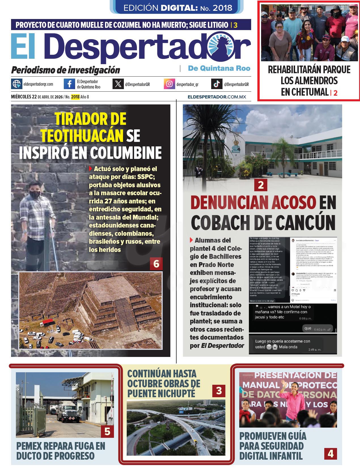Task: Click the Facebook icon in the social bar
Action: (x=69, y=84)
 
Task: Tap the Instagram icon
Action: (x=169, y=84)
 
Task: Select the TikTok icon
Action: (x=217, y=84)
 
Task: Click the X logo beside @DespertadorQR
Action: (x=118, y=84)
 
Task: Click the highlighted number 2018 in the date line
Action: (x=75, y=97)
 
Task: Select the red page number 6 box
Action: (x=156, y=264)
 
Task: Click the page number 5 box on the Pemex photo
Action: (x=107, y=431)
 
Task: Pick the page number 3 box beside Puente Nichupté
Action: (x=219, y=391)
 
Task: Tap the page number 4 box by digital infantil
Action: (x=331, y=454)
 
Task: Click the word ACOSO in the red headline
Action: (x=294, y=203)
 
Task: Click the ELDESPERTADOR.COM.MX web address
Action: (x=217, y=97)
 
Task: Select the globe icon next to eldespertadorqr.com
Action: (x=16, y=84)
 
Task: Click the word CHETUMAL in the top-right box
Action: (x=304, y=92)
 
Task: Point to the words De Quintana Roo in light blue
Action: (x=219, y=68)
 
